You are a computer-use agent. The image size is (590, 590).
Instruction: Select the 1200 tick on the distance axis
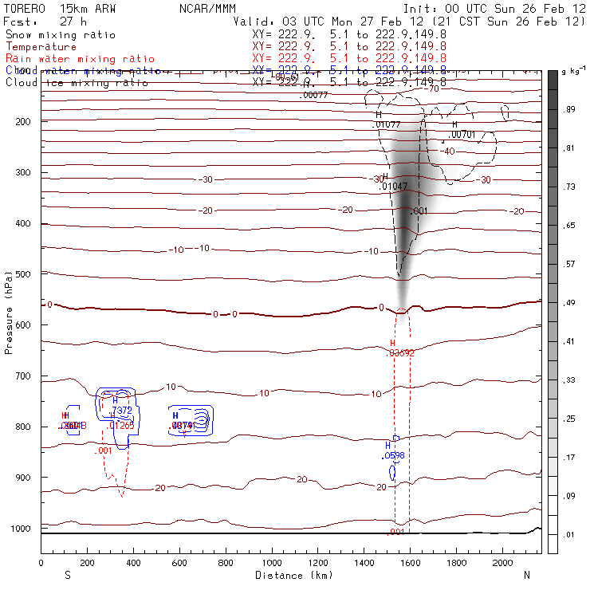[317, 563]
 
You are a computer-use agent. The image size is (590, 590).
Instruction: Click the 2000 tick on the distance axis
[502, 563]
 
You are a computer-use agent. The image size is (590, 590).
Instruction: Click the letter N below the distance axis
[526, 575]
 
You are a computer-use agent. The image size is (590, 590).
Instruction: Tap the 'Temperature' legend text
[41, 47]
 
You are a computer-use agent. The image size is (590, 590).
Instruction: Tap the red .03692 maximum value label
[401, 352]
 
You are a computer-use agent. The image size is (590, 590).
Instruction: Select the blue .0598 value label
[394, 456]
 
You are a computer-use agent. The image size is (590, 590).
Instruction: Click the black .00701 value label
[463, 135]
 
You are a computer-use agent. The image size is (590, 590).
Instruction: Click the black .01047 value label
[395, 186]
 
